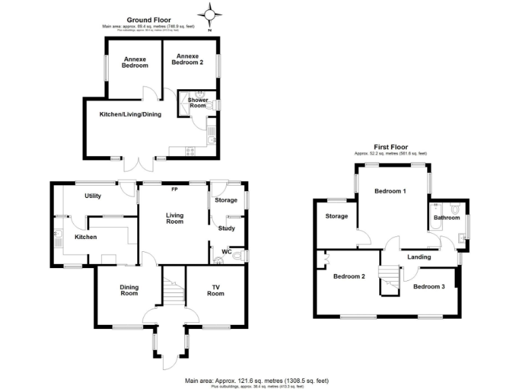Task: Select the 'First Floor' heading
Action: (x=390, y=147)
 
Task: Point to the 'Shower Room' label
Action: (x=197, y=103)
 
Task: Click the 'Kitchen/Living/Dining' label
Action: (x=130, y=114)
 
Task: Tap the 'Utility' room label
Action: (x=93, y=196)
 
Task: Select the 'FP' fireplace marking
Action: (x=174, y=189)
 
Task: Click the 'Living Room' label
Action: (x=174, y=217)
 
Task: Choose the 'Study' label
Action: (x=226, y=228)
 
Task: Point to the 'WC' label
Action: (x=226, y=253)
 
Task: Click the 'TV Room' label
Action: (x=215, y=290)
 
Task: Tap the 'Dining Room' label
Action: (x=129, y=290)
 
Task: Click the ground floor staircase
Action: (x=172, y=290)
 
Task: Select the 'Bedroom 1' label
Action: (x=391, y=191)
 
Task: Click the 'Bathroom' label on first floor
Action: (x=447, y=217)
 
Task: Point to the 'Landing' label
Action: (x=419, y=257)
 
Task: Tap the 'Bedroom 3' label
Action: (x=429, y=286)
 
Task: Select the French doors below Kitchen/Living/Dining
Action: (x=139, y=164)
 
